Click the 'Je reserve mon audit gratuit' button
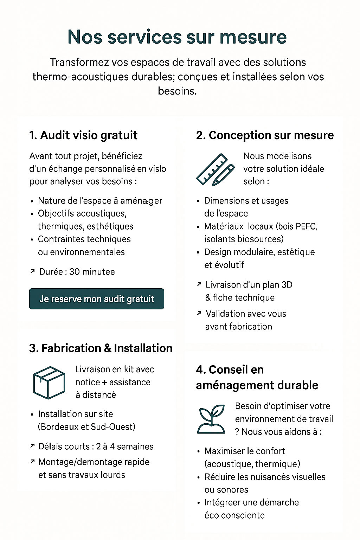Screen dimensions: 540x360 (97, 299)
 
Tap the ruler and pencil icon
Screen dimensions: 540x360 (215, 169)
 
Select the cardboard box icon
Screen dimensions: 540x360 (49, 382)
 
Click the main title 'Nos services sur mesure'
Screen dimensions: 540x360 (177, 37)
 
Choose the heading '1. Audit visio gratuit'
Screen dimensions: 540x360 (83, 135)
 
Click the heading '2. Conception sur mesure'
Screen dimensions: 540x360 (265, 135)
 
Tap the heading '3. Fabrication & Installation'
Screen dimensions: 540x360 (101, 348)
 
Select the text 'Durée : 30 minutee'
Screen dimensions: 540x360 (77, 272)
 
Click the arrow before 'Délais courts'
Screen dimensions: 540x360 (32, 446)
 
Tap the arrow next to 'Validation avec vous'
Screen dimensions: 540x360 (199, 313)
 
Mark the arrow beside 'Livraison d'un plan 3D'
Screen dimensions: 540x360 (199, 284)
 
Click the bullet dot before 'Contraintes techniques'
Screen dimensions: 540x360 (32, 240)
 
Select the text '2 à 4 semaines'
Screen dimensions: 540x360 (125, 446)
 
